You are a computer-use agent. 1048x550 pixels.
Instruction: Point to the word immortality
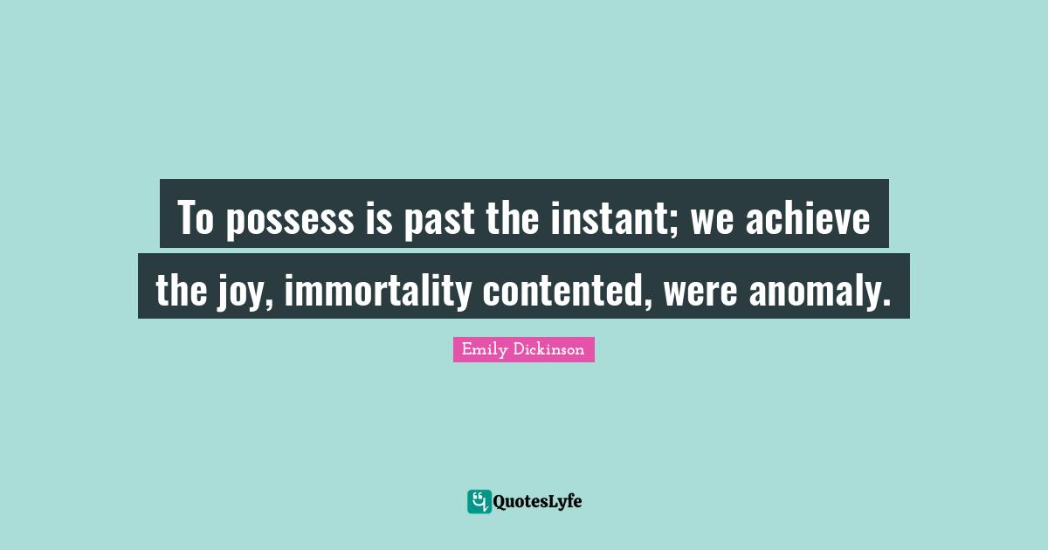(377, 289)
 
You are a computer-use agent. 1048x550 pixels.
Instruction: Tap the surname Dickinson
(549, 350)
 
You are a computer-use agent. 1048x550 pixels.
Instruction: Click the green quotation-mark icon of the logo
(479, 501)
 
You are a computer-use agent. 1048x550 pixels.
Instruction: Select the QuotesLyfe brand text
(538, 502)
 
